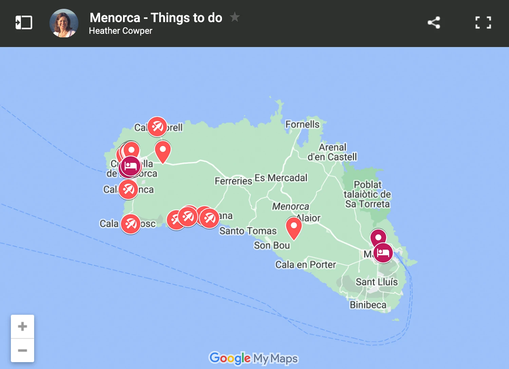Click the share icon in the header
click(x=434, y=23)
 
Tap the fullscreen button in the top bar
click(x=483, y=23)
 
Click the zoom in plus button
click(x=22, y=326)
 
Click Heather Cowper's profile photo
click(x=64, y=23)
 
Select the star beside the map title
click(x=234, y=17)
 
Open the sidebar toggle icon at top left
click(x=24, y=23)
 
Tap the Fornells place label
click(x=302, y=124)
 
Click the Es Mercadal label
click(x=281, y=178)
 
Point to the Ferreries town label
click(x=233, y=181)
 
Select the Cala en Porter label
click(x=305, y=265)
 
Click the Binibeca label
click(x=368, y=305)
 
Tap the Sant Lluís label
click(x=376, y=282)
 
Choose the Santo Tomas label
click(x=248, y=231)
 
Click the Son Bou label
click(x=272, y=245)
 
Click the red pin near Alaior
click(x=294, y=227)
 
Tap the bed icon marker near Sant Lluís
click(x=383, y=253)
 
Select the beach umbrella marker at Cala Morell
click(x=157, y=127)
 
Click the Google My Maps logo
click(x=253, y=358)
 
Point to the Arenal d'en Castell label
click(x=332, y=152)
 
